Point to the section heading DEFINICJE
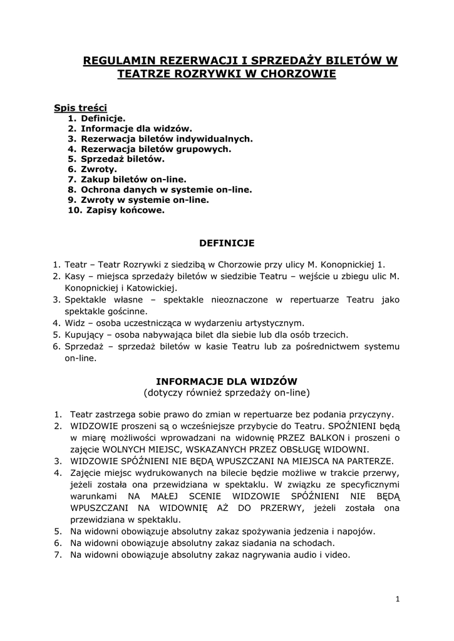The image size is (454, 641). pyautogui.click(x=227, y=242)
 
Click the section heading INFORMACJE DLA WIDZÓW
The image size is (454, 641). pyautogui.click(x=226, y=381)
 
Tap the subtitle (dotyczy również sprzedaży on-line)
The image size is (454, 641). pyautogui.click(x=227, y=392)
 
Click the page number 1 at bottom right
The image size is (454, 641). pyautogui.click(x=398, y=599)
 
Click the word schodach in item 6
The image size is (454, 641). pyautogui.click(x=317, y=543)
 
